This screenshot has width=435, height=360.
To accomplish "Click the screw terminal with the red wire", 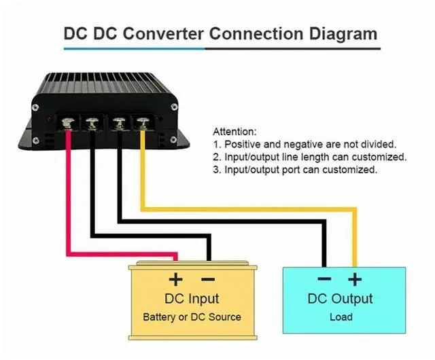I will point(69,122).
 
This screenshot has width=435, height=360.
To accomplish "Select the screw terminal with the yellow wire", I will point(142,122).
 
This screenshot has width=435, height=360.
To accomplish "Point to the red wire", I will point(67,197).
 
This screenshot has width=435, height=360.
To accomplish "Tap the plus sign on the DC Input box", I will point(175,278).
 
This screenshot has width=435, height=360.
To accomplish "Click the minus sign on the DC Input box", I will point(209,278).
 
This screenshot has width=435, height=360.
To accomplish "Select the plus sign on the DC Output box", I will point(354,278).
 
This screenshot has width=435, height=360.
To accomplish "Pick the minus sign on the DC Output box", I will point(324,278).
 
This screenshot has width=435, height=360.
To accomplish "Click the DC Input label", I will point(192,299).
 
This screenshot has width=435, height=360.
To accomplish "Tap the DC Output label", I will point(340,299).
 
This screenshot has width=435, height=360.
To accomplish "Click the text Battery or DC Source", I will point(192,317).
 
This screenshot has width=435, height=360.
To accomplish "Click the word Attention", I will point(235,131).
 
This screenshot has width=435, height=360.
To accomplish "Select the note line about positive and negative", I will point(304,144).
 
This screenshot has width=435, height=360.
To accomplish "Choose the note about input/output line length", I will point(309,157).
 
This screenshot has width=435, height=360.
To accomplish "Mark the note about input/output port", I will point(294,170).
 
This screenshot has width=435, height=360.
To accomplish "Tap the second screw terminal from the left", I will point(93,122).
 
